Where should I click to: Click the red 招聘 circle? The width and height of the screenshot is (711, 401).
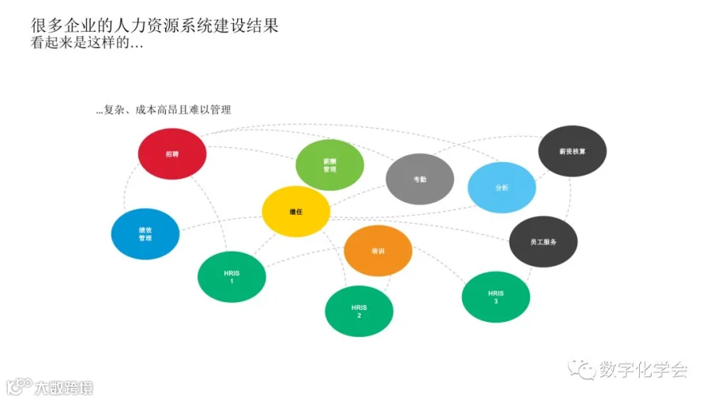[x=172, y=154]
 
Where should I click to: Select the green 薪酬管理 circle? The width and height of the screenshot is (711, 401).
[x=329, y=165]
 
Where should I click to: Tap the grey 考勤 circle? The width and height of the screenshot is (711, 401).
[x=419, y=180]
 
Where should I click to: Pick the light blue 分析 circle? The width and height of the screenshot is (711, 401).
[x=502, y=187]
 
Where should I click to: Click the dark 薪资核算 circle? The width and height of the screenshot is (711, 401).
[x=572, y=150]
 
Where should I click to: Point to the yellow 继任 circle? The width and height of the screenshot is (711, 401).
[x=296, y=211]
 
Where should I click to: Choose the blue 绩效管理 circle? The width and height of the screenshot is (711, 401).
[x=145, y=233]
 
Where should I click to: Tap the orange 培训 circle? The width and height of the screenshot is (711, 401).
[x=378, y=251]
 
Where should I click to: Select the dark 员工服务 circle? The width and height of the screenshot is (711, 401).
[x=543, y=241]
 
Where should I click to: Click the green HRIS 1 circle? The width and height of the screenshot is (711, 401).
[x=231, y=277]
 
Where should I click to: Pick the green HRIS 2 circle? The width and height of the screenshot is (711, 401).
[x=359, y=311]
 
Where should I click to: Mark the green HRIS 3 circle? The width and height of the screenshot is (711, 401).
[x=495, y=297]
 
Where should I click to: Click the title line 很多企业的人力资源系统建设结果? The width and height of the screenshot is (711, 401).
[x=155, y=25]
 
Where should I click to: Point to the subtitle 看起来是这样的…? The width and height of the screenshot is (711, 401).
[x=87, y=44]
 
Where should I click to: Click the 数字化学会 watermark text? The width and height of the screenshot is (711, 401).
[x=643, y=369]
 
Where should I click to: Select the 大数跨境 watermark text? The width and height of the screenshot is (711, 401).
[x=62, y=388]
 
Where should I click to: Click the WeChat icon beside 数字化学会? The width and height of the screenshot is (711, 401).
[x=584, y=369]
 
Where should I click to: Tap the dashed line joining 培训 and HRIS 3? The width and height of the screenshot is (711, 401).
[x=438, y=264]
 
